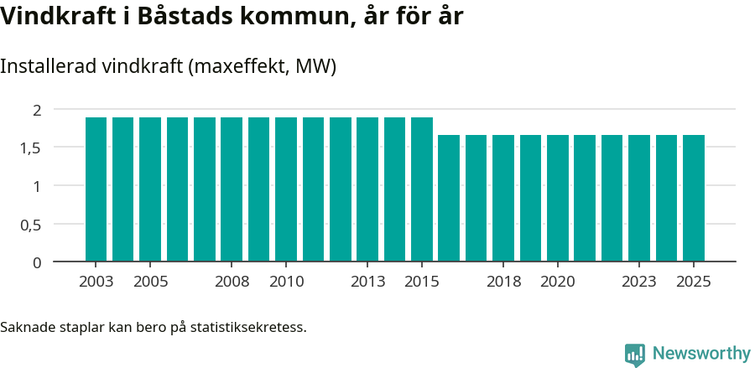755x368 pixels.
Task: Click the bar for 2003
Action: coord(96,189)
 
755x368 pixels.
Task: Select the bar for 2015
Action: coord(422,189)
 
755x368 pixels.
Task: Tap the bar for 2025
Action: coord(694,199)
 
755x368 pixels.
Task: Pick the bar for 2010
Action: coord(286,189)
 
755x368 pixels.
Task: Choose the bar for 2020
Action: coord(558,199)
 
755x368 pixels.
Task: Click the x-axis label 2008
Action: coord(232,282)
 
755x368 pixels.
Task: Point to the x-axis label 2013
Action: coord(367,282)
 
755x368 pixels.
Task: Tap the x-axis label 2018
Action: coord(503,282)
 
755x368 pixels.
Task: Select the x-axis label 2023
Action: coord(639,282)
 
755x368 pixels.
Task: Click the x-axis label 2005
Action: coord(150,282)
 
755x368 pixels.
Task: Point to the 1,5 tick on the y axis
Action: coord(30,148)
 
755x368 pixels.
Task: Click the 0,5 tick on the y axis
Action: coord(30,225)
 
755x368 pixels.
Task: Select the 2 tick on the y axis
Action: coord(37,110)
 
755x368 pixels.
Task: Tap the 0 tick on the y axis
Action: coord(37,262)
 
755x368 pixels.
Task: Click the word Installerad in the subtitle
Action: coord(47,67)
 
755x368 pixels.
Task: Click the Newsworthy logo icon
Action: coord(635,354)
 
